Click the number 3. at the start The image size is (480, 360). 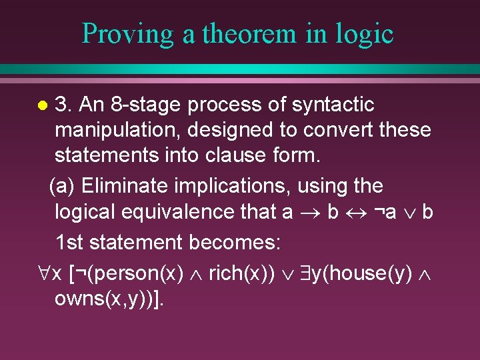(x=64, y=105)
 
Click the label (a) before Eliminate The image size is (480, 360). (x=63, y=185)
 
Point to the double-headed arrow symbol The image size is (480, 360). (x=355, y=212)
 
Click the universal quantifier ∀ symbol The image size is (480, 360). (x=43, y=273)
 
